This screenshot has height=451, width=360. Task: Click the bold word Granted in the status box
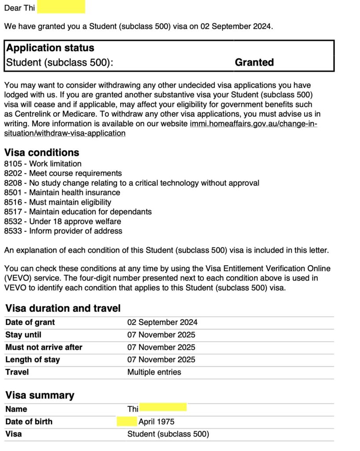pyautogui.click(x=254, y=63)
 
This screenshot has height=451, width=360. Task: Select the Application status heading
pyautogui.click(x=50, y=48)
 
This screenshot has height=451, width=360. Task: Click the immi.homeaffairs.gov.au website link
pyautogui.click(x=253, y=124)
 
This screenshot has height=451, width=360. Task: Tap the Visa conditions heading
pyautogui.click(x=42, y=153)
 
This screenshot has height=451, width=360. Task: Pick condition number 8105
pyautogui.click(x=12, y=164)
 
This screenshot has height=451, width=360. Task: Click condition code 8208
pyautogui.click(x=12, y=183)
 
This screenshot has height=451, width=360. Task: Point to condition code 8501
pyautogui.click(x=12, y=192)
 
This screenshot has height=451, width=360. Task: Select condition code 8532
pyautogui.click(x=12, y=221)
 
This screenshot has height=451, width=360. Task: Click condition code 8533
pyautogui.click(x=12, y=231)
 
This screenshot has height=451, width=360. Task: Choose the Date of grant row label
pyautogui.click(x=30, y=322)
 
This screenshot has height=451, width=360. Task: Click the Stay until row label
pyautogui.click(x=23, y=335)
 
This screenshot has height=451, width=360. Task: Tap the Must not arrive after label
pyautogui.click(x=44, y=347)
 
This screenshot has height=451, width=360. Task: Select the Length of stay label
pyautogui.click(x=33, y=359)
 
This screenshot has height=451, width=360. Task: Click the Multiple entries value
pyautogui.click(x=154, y=372)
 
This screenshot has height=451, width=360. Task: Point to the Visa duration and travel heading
pyautogui.click(x=63, y=308)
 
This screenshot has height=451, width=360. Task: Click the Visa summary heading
pyautogui.click(x=40, y=395)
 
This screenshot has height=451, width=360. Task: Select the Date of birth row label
pyautogui.click(x=29, y=421)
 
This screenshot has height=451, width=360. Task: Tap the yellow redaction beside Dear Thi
pyautogui.click(x=61, y=7)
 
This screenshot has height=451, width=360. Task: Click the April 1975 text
pyautogui.click(x=156, y=421)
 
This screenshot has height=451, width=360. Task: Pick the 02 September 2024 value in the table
pyautogui.click(x=162, y=322)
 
